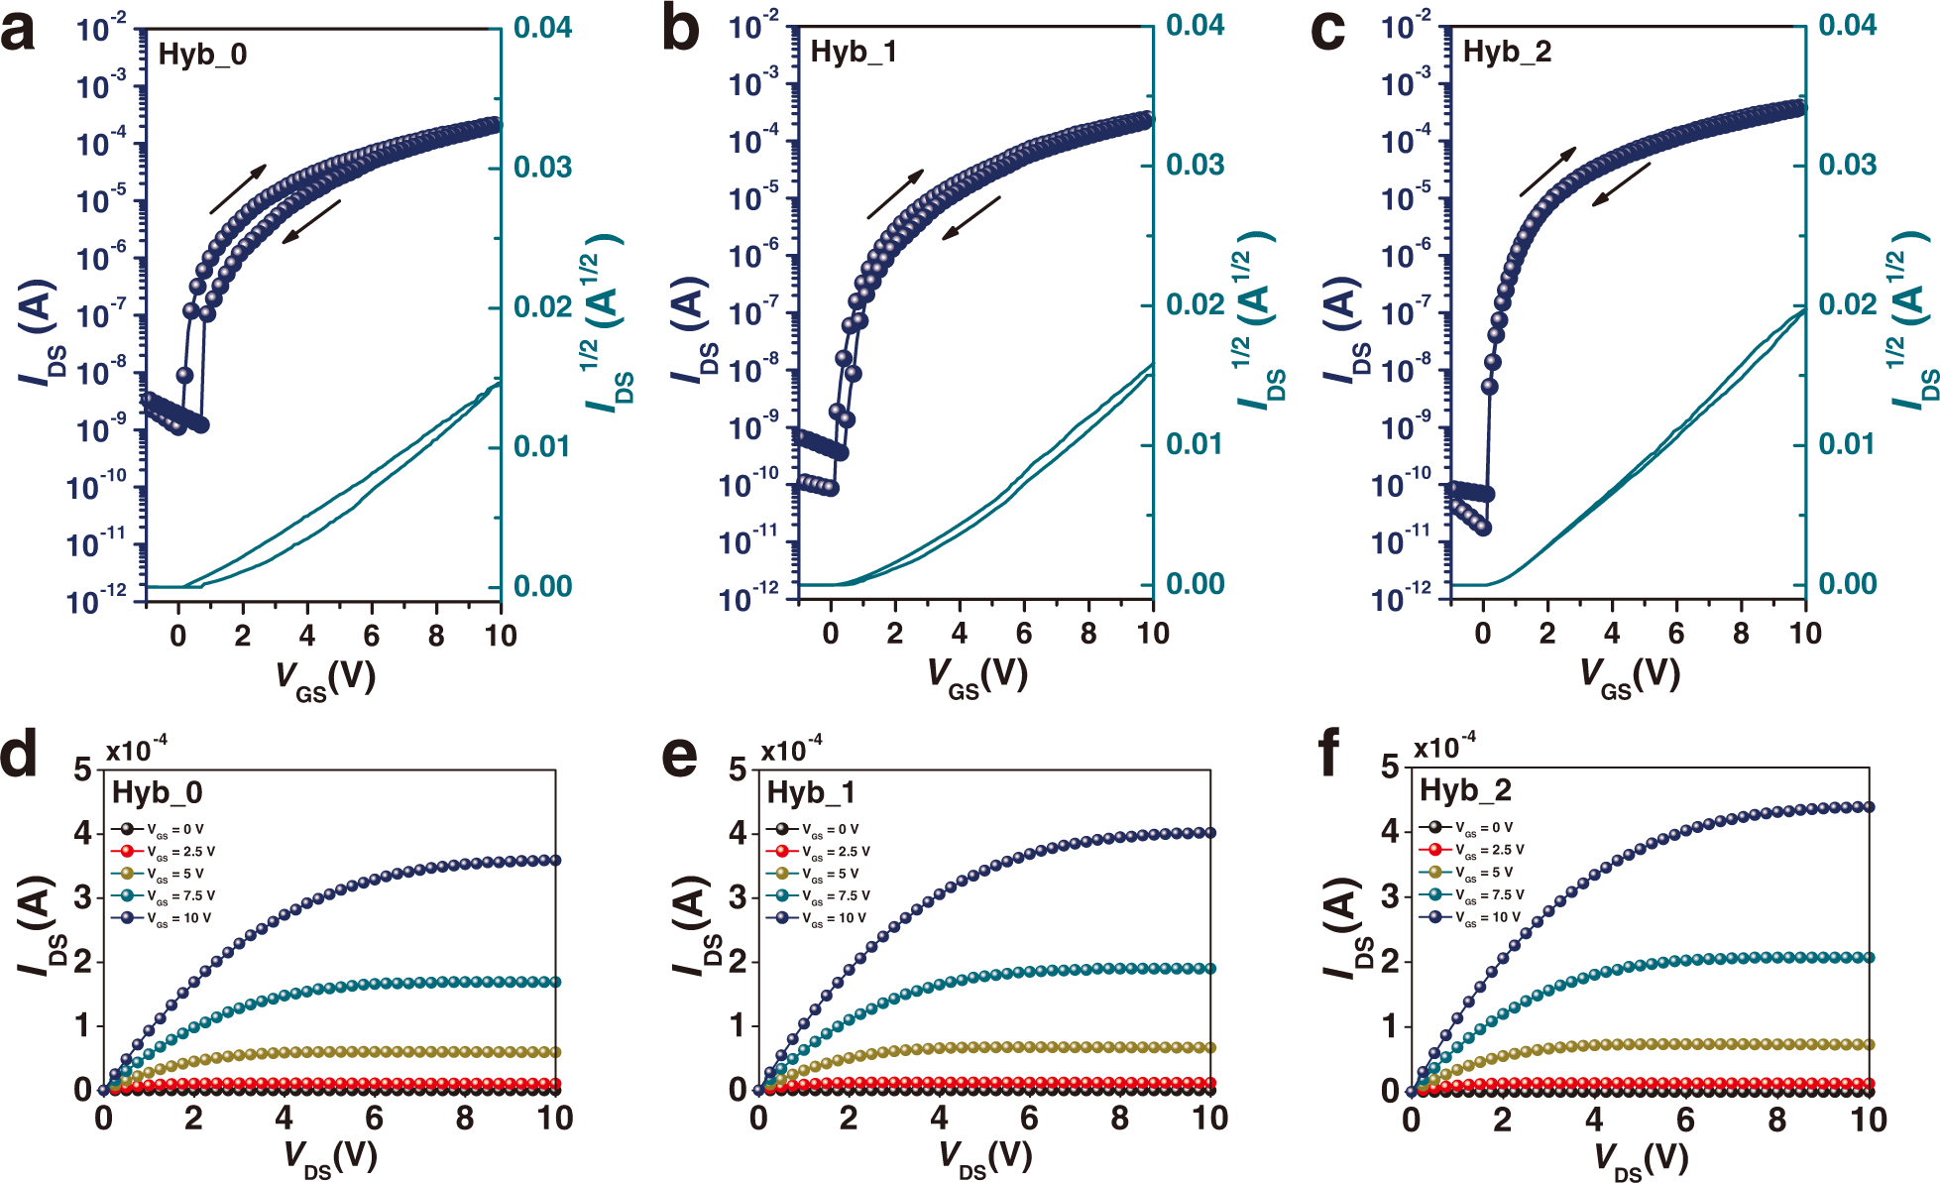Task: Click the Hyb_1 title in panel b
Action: pyautogui.click(x=854, y=52)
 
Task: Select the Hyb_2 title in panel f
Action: pyautogui.click(x=1465, y=790)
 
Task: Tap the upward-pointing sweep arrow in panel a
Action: pyautogui.click(x=238, y=188)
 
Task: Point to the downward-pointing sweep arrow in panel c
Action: pyautogui.click(x=1621, y=184)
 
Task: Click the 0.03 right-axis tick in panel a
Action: pyautogui.click(x=542, y=167)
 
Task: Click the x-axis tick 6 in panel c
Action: pyautogui.click(x=1676, y=633)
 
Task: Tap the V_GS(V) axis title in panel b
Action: pyautogui.click(x=976, y=676)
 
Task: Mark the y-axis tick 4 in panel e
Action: pyautogui.click(x=738, y=833)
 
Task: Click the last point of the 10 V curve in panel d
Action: pyautogui.click(x=555, y=860)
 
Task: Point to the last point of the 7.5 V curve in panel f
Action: pyautogui.click(x=1869, y=957)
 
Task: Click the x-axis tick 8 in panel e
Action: pyautogui.click(x=1119, y=1119)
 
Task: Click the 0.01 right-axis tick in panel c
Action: pyautogui.click(x=1847, y=443)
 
